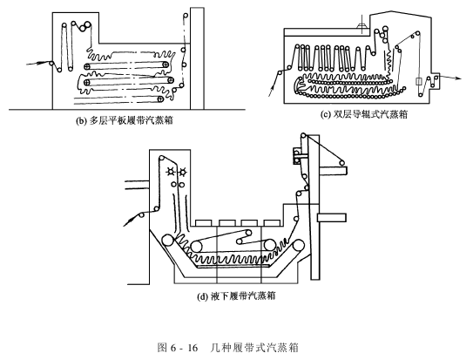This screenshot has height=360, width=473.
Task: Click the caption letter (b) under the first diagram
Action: (80, 120)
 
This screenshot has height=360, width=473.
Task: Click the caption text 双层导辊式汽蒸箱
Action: (370, 114)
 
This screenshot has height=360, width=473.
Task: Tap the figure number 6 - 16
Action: (184, 348)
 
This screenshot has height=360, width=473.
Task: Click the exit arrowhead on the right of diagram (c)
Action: (457, 78)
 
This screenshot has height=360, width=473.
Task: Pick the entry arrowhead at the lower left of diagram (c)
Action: (272, 88)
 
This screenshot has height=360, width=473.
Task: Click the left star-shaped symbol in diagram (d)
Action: (172, 172)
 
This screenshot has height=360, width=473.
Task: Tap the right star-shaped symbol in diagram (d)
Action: (183, 173)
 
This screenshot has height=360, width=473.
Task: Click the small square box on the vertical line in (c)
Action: (419, 81)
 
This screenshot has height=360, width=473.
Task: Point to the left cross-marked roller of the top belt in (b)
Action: (87, 66)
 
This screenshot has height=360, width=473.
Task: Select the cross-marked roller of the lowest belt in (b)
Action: (160, 99)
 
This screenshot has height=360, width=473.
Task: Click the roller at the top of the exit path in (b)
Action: (186, 16)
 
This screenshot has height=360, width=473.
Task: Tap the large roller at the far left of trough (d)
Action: (167, 241)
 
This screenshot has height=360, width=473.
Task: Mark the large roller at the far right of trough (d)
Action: (298, 245)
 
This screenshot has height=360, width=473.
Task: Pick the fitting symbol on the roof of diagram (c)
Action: (362, 24)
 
